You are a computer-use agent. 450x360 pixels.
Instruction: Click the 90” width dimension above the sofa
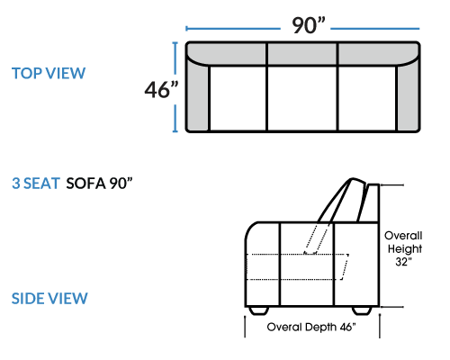(309, 25)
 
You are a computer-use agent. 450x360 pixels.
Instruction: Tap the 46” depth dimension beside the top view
(161, 89)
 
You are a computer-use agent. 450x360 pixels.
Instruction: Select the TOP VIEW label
(49, 74)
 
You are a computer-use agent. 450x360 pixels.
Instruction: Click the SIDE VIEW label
(49, 299)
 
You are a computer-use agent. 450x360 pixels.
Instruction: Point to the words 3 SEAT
(36, 184)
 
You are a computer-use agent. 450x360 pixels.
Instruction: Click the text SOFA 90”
(99, 184)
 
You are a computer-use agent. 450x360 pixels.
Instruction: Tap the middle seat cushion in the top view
(302, 98)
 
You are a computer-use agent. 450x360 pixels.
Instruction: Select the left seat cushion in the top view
(238, 98)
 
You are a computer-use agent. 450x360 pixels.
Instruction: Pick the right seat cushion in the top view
(367, 98)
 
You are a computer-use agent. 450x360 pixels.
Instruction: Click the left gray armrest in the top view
(197, 97)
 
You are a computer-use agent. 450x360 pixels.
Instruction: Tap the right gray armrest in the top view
(408, 97)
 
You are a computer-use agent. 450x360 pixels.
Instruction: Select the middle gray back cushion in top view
(302, 54)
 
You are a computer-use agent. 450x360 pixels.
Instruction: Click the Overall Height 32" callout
(403, 248)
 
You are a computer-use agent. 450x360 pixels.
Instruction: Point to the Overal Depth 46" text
(311, 327)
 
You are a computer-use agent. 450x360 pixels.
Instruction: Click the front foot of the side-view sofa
(258, 310)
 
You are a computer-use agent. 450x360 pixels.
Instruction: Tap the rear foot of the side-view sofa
(362, 310)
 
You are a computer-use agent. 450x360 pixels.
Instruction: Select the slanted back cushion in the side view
(341, 201)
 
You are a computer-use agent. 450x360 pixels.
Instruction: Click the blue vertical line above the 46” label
(175, 58)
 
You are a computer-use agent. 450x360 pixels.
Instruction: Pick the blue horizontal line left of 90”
(233, 29)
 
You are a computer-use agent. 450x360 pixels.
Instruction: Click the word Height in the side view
(405, 249)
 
